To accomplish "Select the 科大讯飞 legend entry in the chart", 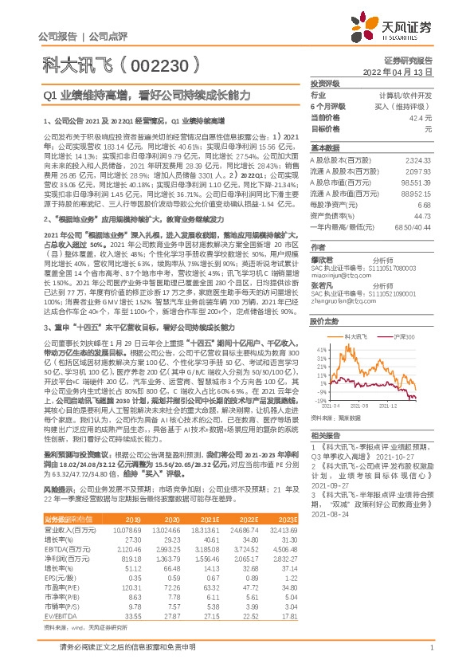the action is [x=356, y=337].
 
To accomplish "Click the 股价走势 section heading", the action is [x=324, y=323].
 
